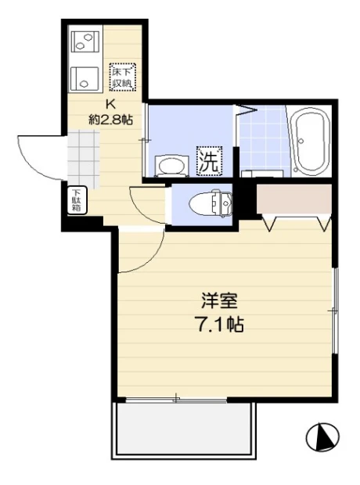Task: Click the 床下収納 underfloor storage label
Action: click(x=122, y=77)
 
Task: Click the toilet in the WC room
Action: click(x=211, y=203)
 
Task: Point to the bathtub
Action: click(x=311, y=142)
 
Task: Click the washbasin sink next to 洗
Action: click(x=171, y=165)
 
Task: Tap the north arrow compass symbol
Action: click(x=323, y=437)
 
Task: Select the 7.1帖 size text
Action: click(x=221, y=325)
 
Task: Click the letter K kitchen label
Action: click(x=111, y=104)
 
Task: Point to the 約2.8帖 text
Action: click(x=111, y=119)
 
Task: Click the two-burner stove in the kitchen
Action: click(x=85, y=41)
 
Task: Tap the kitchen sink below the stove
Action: click(x=85, y=79)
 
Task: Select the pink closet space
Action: click(x=294, y=199)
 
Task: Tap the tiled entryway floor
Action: click(x=84, y=159)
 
